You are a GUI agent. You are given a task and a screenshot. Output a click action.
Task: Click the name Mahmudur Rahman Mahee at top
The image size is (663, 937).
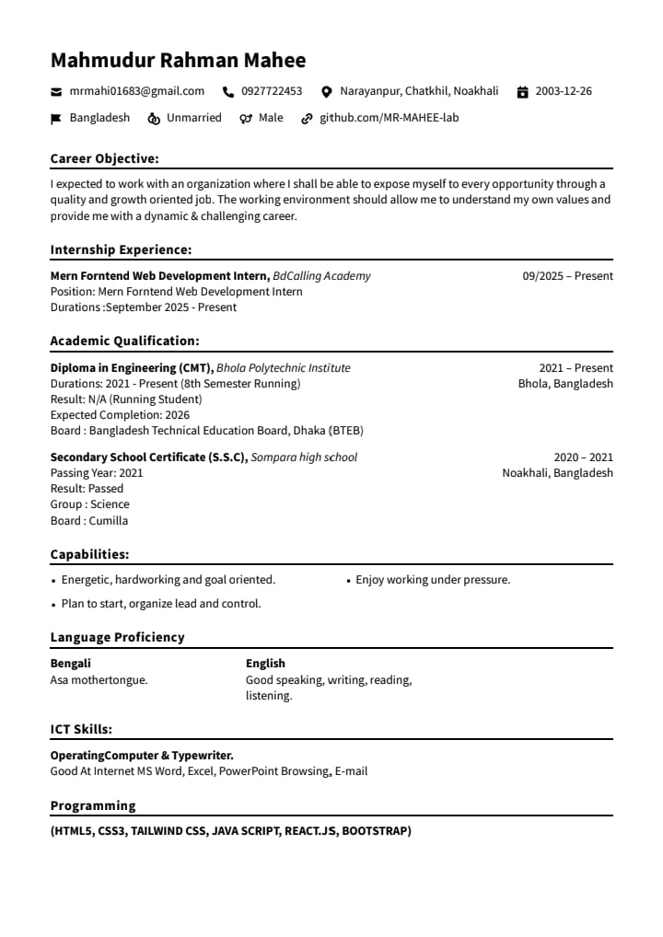(x=178, y=61)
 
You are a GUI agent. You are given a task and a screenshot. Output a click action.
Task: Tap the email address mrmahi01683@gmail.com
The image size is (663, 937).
(x=137, y=91)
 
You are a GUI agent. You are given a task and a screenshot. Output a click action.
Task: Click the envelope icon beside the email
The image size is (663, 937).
(x=56, y=92)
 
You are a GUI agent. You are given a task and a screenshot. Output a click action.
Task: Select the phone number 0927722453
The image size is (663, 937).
(x=272, y=91)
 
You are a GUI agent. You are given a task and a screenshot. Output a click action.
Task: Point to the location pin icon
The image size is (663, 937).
(x=326, y=92)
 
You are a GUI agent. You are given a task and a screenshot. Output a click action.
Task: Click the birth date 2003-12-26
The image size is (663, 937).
(x=564, y=91)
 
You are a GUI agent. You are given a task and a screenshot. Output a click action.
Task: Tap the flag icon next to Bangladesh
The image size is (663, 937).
(x=56, y=119)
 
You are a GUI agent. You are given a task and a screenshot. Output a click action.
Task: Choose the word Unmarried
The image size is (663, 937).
(x=194, y=118)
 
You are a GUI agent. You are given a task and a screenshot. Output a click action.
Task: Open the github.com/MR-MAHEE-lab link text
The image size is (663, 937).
(x=389, y=118)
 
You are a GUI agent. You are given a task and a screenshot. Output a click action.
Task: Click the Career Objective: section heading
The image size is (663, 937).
(x=104, y=158)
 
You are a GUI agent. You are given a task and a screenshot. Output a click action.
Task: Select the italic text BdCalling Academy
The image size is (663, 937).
(x=322, y=276)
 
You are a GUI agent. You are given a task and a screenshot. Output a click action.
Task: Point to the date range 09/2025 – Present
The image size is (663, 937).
(x=567, y=276)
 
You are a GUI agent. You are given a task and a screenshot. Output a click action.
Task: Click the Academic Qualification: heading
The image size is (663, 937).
(x=124, y=341)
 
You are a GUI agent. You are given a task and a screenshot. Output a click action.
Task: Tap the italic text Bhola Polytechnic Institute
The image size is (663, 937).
(x=284, y=368)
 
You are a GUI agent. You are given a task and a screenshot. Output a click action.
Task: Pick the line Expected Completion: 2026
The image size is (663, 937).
(x=120, y=415)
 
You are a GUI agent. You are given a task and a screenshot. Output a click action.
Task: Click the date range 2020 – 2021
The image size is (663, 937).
(x=583, y=457)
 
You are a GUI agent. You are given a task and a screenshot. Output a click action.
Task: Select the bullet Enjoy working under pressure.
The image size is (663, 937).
(x=433, y=580)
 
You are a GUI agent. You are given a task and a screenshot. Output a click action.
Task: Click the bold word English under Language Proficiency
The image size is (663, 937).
(x=265, y=664)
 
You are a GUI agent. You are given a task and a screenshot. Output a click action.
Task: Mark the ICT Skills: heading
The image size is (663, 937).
(x=81, y=729)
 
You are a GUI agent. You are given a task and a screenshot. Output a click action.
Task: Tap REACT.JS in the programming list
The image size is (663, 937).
(x=310, y=831)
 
